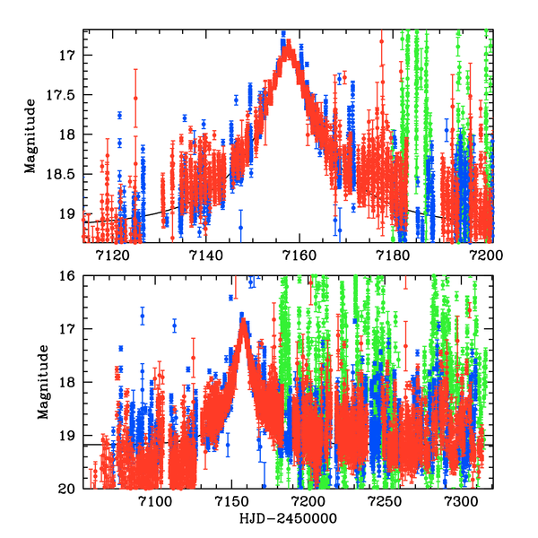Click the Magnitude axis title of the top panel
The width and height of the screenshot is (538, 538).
[30, 135]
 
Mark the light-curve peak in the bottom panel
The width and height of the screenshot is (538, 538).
[243, 319]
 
